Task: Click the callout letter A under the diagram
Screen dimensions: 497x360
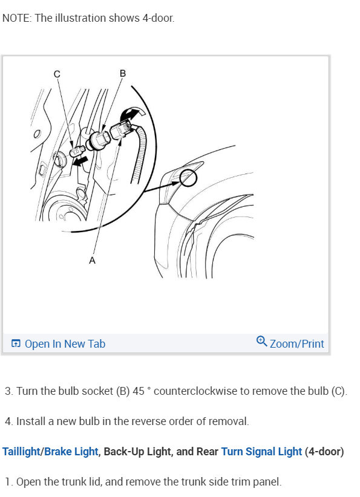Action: [x=92, y=259]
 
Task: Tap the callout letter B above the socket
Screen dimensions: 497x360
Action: [x=123, y=73]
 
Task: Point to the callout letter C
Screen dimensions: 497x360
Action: [x=57, y=74]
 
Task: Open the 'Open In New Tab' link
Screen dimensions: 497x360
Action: [x=65, y=343]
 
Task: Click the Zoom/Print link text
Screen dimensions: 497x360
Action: [x=296, y=343]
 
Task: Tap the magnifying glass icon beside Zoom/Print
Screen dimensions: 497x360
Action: [x=261, y=341]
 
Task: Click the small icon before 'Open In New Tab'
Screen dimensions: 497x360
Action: [x=16, y=343]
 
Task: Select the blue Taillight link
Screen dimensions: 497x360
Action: [x=22, y=452]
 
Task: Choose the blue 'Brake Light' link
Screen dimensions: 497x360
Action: [x=71, y=452]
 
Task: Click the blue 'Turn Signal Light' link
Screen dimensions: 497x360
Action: [x=261, y=452]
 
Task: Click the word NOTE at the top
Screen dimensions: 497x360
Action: [x=16, y=18]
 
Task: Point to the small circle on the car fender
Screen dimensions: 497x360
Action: [x=188, y=178]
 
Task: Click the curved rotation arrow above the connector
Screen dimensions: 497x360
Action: [x=133, y=113]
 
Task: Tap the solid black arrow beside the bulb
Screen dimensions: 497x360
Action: [x=79, y=161]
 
